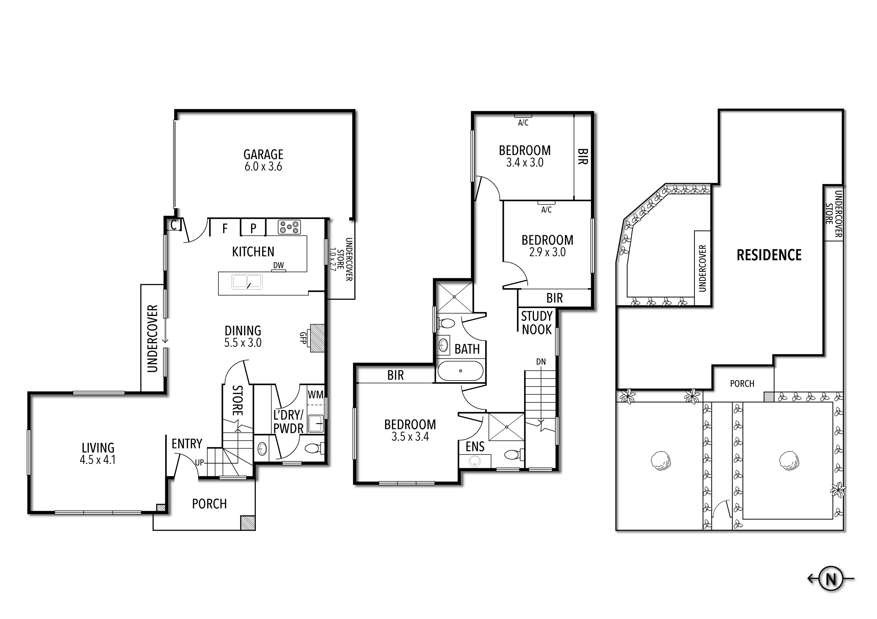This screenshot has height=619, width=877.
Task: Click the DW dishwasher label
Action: click(278, 265)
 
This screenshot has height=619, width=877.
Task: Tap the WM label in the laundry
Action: click(315, 394)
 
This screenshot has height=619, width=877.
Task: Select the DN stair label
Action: click(541, 361)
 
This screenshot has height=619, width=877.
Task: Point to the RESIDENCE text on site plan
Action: click(769, 255)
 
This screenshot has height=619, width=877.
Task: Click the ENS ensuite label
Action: click(475, 447)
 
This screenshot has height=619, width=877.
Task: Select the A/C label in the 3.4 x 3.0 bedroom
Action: click(523, 123)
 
